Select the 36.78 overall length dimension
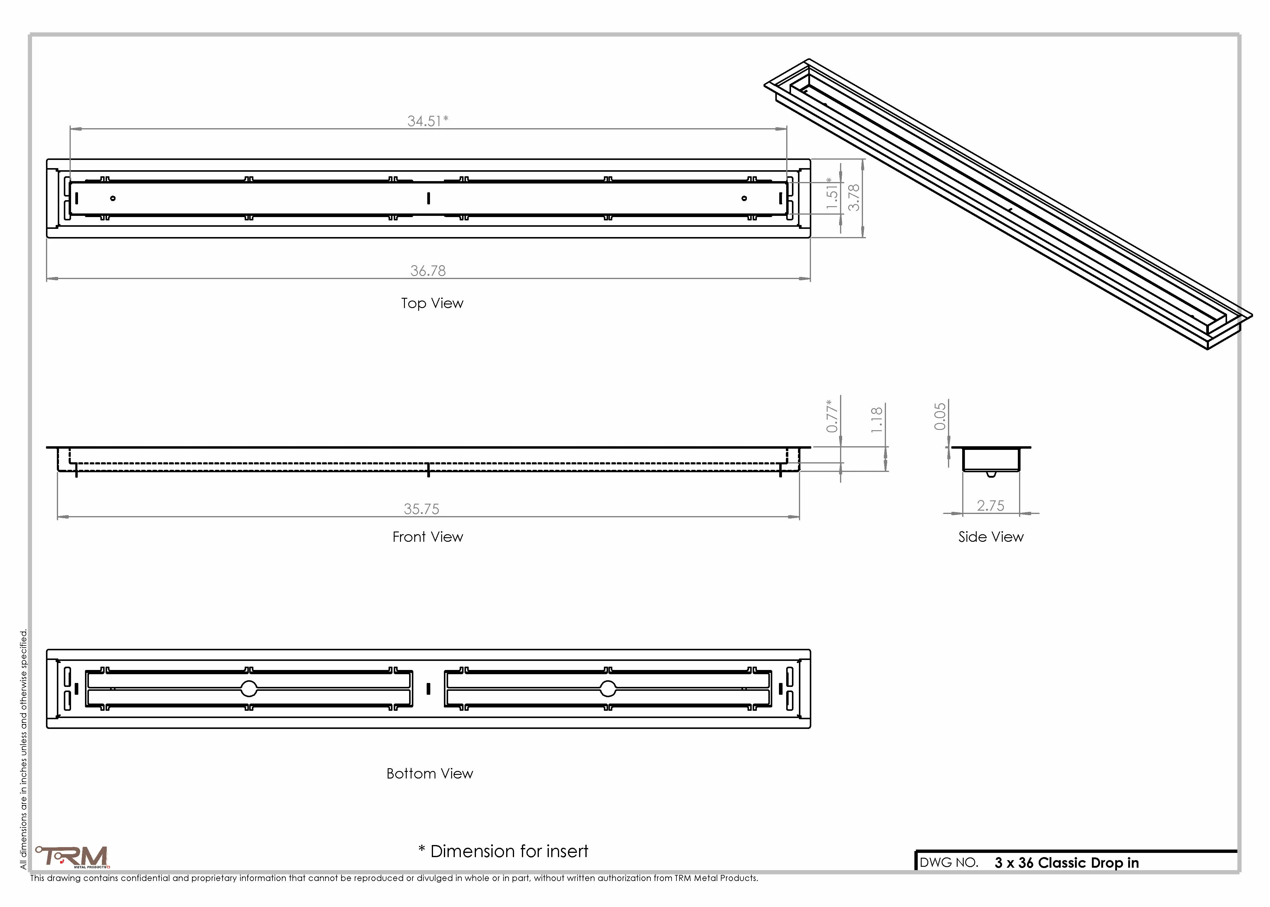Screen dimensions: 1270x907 [428, 271]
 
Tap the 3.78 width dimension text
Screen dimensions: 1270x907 [854, 198]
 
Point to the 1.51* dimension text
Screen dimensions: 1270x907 [832, 193]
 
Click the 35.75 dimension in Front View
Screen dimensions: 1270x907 [422, 509]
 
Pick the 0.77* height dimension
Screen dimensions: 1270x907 [832, 415]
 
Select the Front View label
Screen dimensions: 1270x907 [428, 537]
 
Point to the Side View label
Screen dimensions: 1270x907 [991, 537]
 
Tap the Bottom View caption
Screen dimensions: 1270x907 [429, 773]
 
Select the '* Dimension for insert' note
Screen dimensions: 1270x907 [503, 851]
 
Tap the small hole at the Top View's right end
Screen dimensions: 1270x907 [744, 198]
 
